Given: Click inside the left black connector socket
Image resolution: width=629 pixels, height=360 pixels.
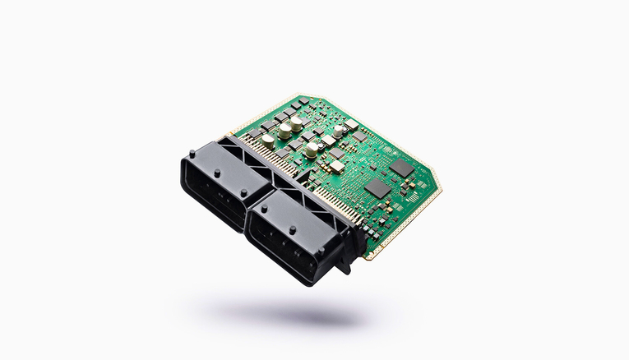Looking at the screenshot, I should pos(212,191).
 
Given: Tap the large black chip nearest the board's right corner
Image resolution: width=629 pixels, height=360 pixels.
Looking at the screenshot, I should pos(402,168).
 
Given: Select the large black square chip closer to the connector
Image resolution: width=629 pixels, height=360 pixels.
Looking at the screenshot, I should pos(377,188).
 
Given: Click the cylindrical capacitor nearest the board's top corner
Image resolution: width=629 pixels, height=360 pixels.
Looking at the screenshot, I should pos(296,122).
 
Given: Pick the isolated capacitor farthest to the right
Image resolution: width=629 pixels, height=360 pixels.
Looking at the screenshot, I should pos(338,131).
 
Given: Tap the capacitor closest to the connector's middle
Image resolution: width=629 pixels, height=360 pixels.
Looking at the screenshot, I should pos(312,150).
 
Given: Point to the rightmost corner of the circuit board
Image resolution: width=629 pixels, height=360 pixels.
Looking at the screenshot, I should pos(442,184).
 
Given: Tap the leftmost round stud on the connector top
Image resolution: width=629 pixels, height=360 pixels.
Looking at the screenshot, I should pos(192,154).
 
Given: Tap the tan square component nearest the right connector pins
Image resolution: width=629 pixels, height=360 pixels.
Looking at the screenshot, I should pos(337,168).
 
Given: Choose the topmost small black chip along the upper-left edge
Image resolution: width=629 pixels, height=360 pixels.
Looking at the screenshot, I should pos(294,106).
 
